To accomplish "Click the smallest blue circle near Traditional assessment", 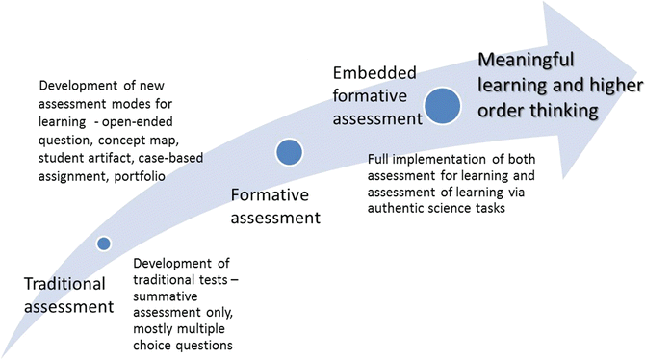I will point(104,244).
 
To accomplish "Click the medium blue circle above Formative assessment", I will point(289,152).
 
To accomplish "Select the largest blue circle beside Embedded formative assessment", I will point(443,105).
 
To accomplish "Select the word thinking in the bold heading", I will point(556,112).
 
